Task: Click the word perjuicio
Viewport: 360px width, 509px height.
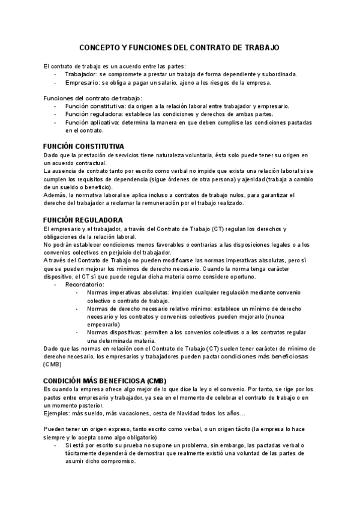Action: click(x=121, y=253)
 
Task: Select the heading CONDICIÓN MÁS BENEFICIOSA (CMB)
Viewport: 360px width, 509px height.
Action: click(x=104, y=381)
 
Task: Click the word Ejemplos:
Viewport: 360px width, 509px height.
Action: click(x=59, y=414)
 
